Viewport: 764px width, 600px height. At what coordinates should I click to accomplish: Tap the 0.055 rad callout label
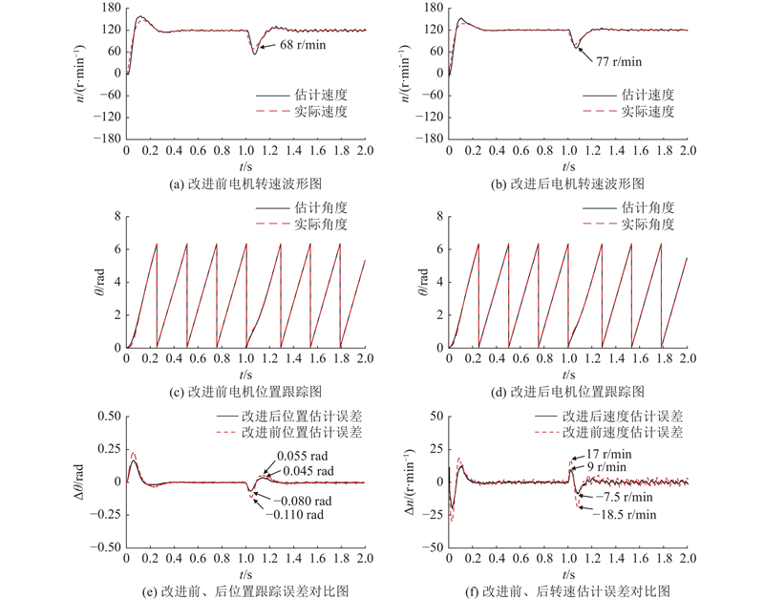(304, 456)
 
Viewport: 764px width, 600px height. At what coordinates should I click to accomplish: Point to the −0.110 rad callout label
(303, 516)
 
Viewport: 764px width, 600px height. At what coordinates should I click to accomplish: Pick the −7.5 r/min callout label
(626, 497)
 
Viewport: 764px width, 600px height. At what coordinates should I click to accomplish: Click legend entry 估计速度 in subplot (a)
(320, 96)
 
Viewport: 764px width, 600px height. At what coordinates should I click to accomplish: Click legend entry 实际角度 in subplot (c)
(320, 225)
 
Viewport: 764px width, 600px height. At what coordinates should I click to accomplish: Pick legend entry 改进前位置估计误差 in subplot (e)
(297, 433)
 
